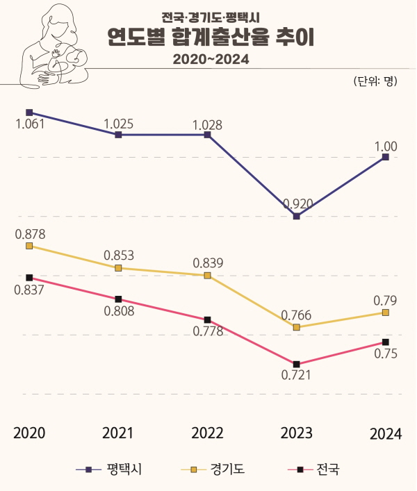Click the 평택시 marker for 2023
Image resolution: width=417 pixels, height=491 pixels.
(x=297, y=217)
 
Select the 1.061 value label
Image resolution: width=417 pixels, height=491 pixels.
(x=29, y=125)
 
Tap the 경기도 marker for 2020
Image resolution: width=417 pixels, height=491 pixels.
(x=29, y=246)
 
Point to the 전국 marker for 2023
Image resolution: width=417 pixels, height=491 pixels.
(x=297, y=364)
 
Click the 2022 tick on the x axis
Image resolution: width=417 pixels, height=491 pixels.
(x=207, y=433)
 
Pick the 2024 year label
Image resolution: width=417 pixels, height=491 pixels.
(x=386, y=434)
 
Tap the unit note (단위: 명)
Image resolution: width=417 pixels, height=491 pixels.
(x=375, y=82)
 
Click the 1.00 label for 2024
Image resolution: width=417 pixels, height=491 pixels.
(x=386, y=146)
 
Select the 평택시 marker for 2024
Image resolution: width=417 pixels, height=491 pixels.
(x=386, y=157)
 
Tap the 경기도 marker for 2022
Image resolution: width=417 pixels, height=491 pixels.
(x=207, y=276)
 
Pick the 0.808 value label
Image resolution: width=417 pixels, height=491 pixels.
(x=119, y=310)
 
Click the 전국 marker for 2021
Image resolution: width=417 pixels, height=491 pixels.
(x=118, y=299)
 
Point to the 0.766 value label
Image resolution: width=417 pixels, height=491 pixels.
(x=296, y=315)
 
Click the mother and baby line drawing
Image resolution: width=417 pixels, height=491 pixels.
(x=56, y=49)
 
